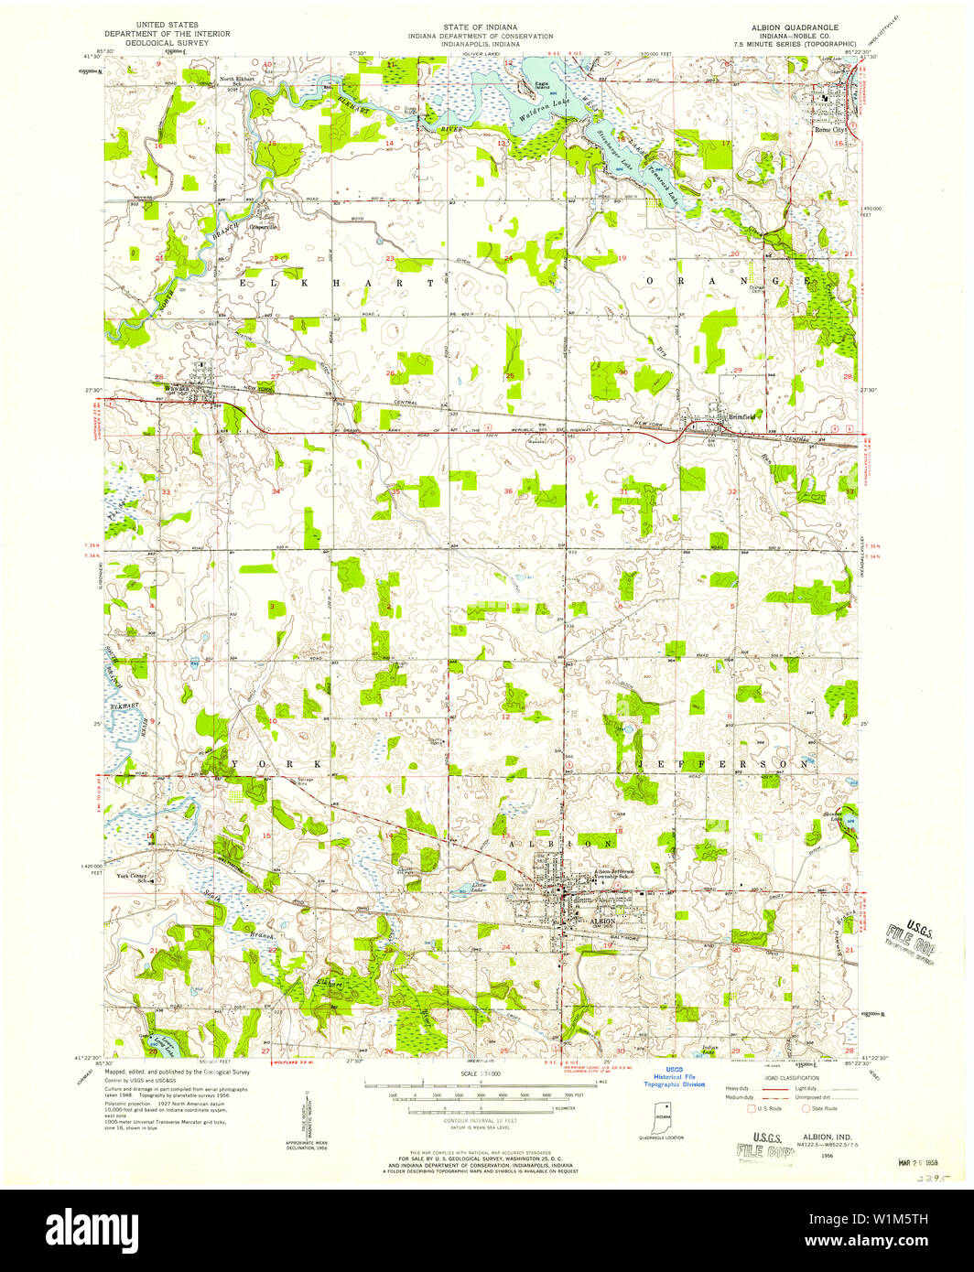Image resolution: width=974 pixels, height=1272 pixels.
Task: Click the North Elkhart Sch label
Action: (x=237, y=81)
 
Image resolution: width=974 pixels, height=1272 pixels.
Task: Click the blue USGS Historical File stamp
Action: (x=674, y=1081)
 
